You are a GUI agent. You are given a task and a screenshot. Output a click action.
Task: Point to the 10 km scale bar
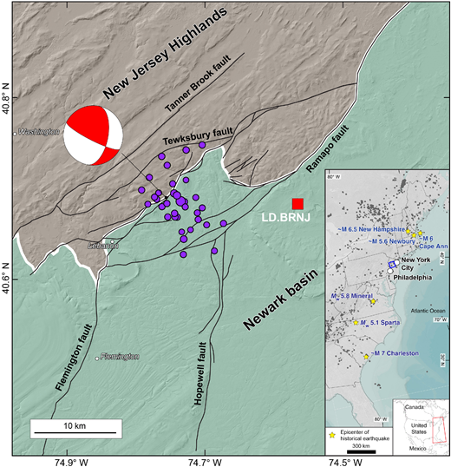click(74, 431)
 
